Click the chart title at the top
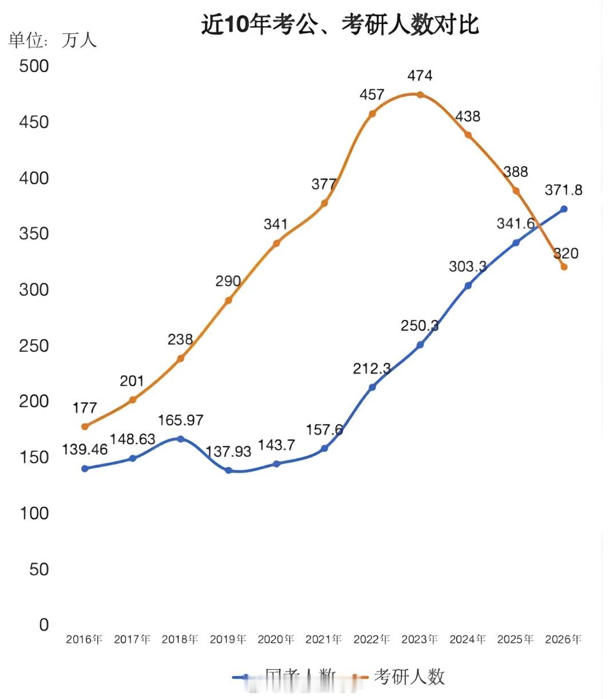coord(340,25)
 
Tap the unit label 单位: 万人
coord(53,40)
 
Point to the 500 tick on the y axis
coord(34,66)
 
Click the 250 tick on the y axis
coord(34,345)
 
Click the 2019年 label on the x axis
coord(228,639)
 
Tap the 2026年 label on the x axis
coord(563,639)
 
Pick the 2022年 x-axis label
coord(371,639)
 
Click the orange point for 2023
coord(420,95)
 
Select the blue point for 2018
coord(180,439)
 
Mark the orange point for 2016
coord(85,426)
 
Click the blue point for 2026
coord(564,209)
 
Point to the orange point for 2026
coord(564,267)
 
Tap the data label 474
coord(420,76)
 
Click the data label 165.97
coord(180,420)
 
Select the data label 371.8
coord(563,190)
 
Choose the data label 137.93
coord(228,451)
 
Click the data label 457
coord(371,94)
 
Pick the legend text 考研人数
coord(409,677)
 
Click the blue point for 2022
coord(372,387)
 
